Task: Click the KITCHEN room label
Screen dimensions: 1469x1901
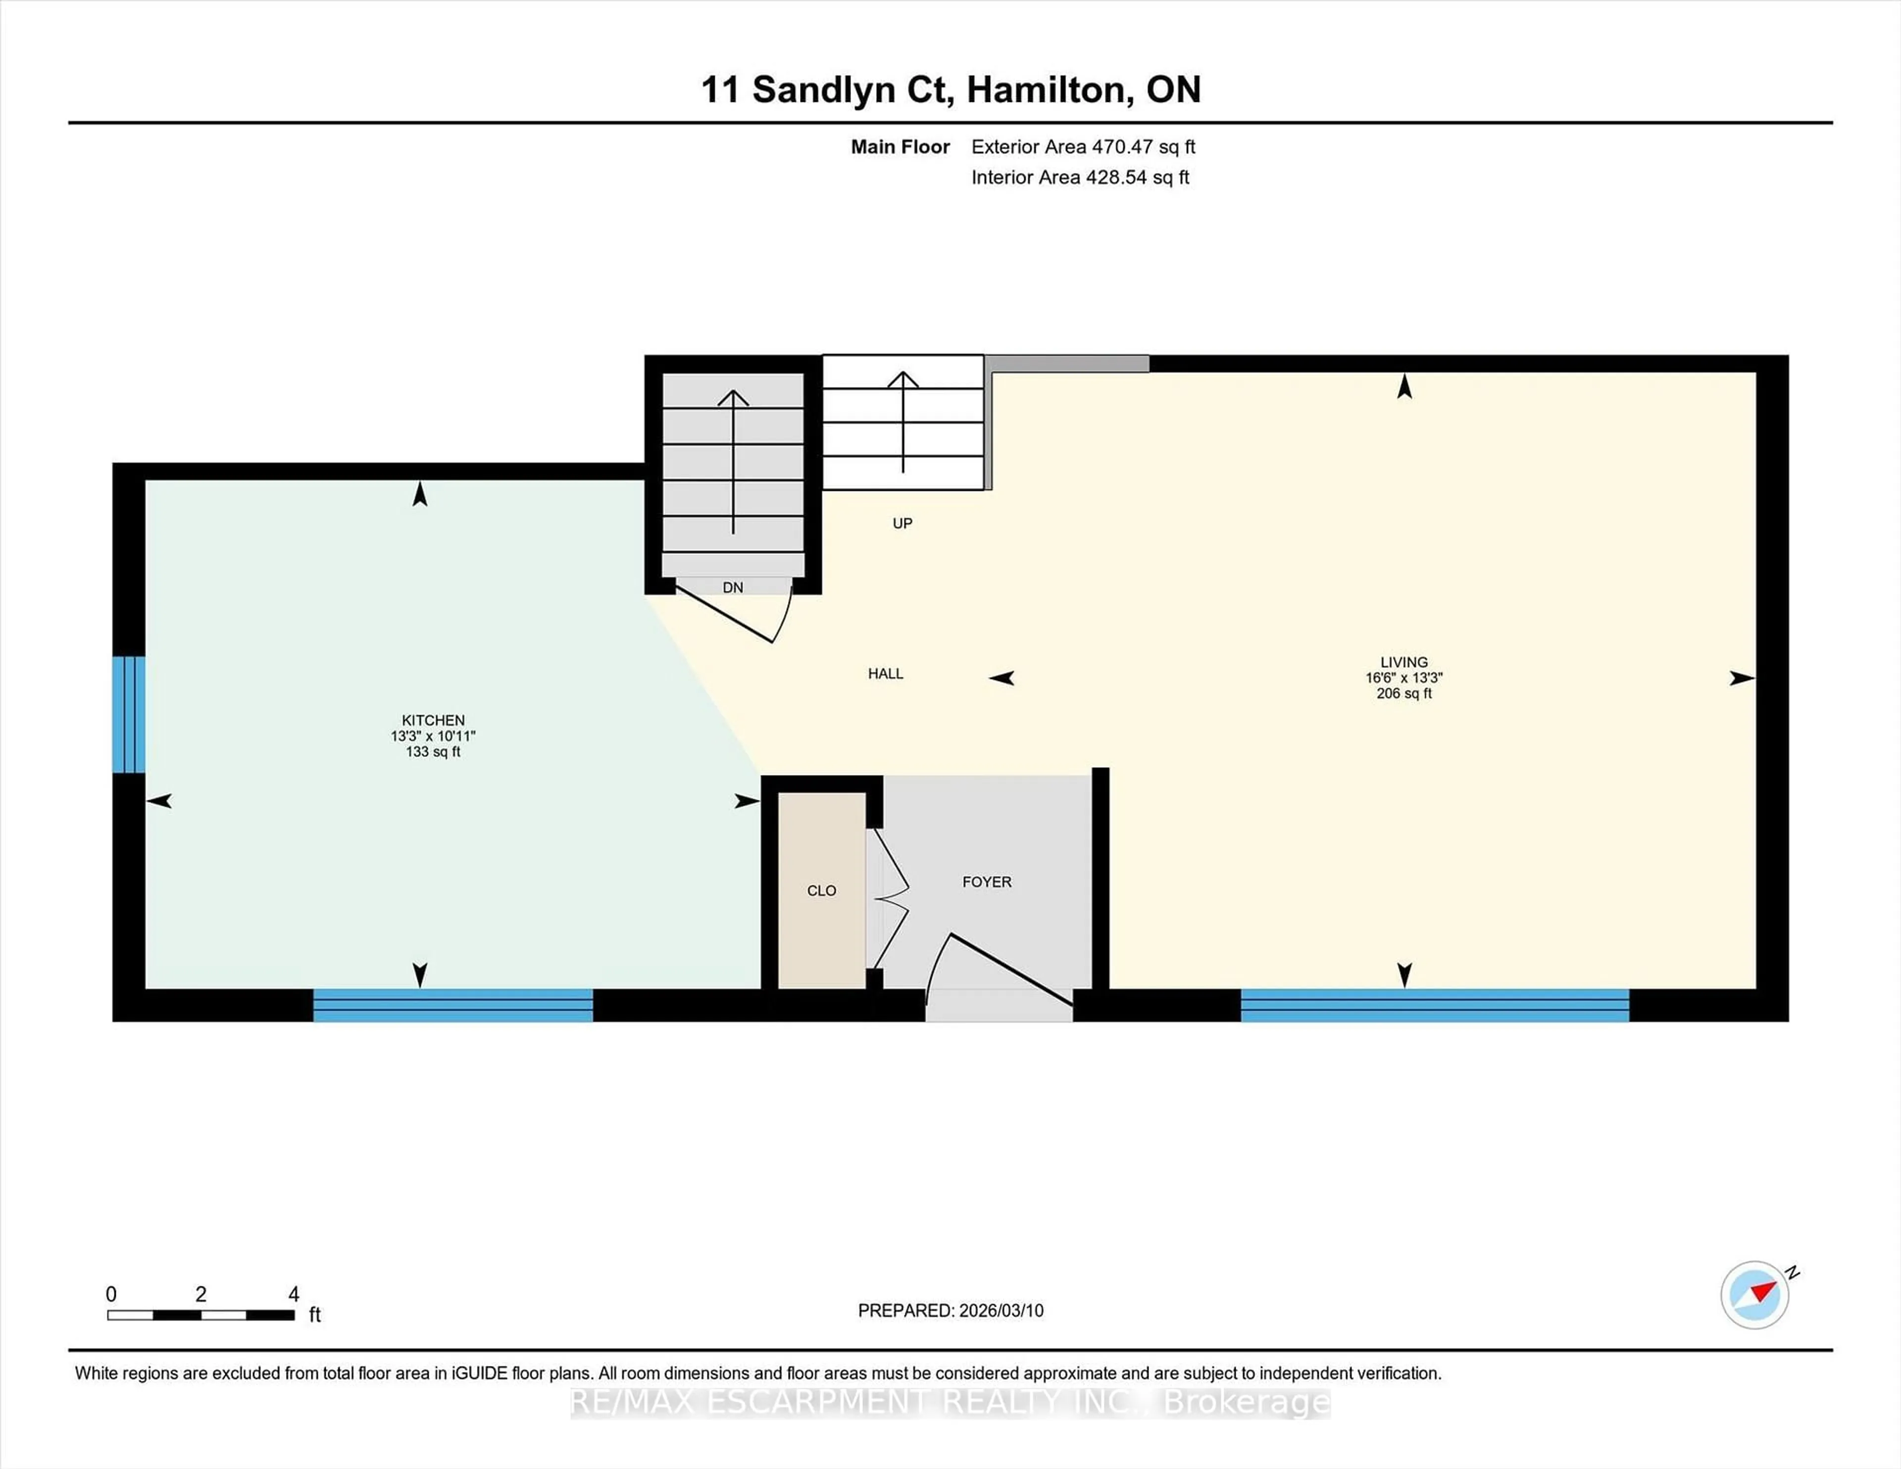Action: (x=433, y=720)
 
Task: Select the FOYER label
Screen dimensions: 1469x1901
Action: (x=986, y=881)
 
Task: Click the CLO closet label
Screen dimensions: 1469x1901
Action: (x=821, y=890)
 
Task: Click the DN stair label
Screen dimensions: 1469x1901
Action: (x=733, y=588)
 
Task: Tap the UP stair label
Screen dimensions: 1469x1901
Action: (x=902, y=523)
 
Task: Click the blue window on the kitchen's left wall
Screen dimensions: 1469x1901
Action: (x=129, y=715)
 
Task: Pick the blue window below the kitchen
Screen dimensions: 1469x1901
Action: (x=452, y=1005)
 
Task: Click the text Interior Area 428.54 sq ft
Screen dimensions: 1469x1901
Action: (x=1079, y=178)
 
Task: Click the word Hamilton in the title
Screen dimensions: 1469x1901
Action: (x=1050, y=90)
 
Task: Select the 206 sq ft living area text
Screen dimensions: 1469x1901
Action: (x=1403, y=693)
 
